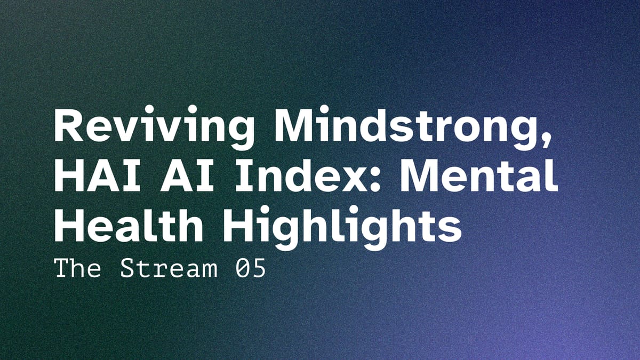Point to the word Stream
click(x=169, y=269)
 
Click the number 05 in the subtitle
click(x=250, y=269)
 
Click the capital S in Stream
click(x=128, y=269)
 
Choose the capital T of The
click(x=62, y=269)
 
